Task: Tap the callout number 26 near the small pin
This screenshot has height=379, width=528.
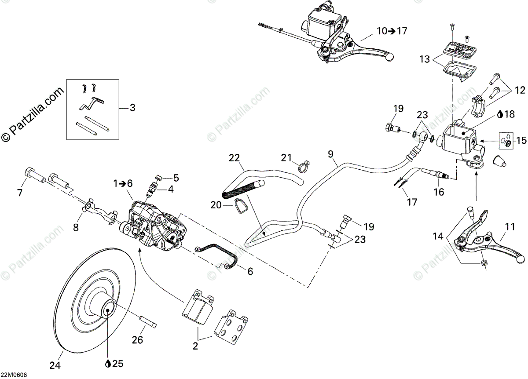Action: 138,340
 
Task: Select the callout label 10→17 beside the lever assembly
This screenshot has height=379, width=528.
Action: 392,31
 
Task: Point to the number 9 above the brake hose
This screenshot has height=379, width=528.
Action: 330,154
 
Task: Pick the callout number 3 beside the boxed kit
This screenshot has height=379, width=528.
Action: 132,107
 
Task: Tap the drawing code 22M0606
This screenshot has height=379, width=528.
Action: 14,375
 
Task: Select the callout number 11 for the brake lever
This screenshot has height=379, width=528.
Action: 510,227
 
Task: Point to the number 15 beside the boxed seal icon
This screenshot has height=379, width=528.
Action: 521,141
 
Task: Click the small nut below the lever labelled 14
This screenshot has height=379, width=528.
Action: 484,262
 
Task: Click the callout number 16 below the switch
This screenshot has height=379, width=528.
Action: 439,192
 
